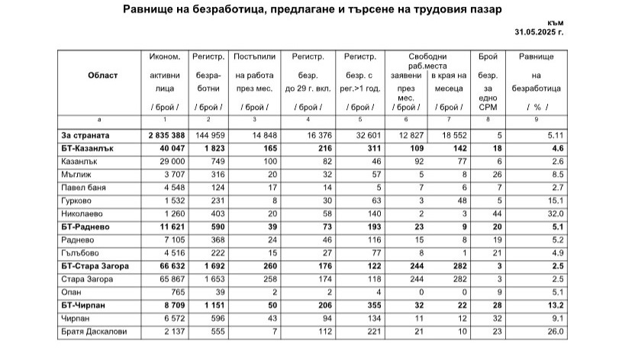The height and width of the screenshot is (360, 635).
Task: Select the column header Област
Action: point(102,76)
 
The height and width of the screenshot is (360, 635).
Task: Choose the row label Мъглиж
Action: point(76,174)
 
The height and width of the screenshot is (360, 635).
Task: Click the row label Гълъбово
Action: point(79,253)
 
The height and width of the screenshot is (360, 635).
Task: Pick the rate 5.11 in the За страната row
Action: point(554,134)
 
